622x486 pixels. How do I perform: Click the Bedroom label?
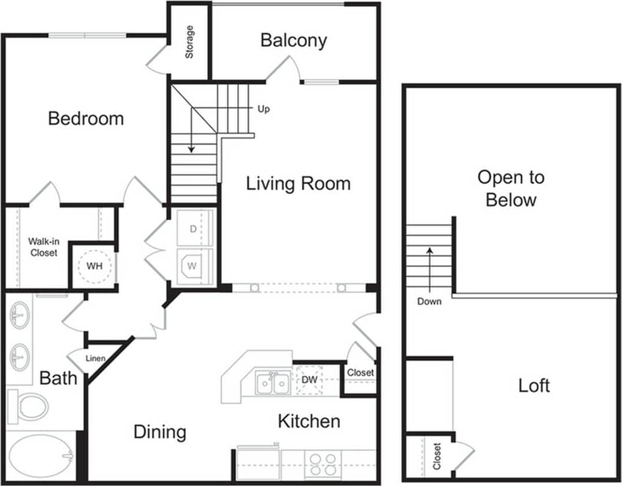(x=86, y=119)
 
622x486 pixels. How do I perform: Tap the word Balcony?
(x=293, y=41)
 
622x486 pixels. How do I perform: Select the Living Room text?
(x=298, y=183)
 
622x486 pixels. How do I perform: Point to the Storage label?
(x=189, y=42)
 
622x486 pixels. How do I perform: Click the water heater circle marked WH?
(x=94, y=266)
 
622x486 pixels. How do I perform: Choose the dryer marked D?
(x=194, y=228)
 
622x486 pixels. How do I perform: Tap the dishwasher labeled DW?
(x=310, y=379)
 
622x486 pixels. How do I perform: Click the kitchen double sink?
(x=273, y=382)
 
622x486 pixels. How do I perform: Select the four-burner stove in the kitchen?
(x=322, y=464)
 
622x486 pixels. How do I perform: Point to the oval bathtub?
(x=41, y=457)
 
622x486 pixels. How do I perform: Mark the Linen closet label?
(x=95, y=359)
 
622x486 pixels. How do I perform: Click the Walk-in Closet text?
(x=42, y=247)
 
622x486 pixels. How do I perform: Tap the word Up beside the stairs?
(x=263, y=109)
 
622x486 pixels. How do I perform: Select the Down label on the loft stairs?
(x=429, y=301)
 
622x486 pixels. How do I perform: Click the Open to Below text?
(x=510, y=188)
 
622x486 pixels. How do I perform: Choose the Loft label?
(x=534, y=385)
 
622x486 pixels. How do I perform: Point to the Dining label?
(x=160, y=432)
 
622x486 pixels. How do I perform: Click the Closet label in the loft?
(x=436, y=456)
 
